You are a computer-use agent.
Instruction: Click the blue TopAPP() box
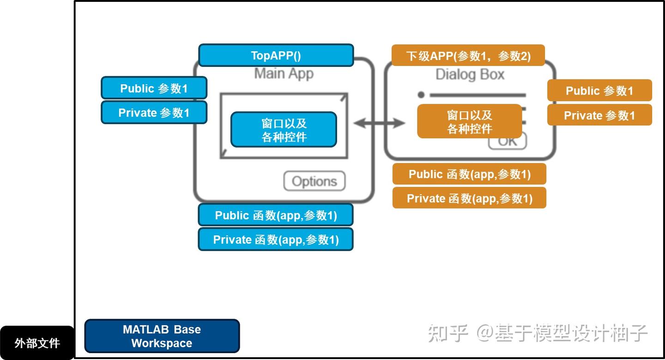pyautogui.click(x=276, y=55)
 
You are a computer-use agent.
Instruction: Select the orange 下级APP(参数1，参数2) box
pyautogui.click(x=468, y=56)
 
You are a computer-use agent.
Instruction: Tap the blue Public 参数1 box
pyautogui.click(x=154, y=88)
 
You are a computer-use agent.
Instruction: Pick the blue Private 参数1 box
pyautogui.click(x=154, y=113)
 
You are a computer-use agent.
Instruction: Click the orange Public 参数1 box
pyautogui.click(x=599, y=90)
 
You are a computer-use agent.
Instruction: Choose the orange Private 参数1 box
pyautogui.click(x=599, y=115)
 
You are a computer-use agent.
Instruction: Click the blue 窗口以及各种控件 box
pyautogui.click(x=284, y=130)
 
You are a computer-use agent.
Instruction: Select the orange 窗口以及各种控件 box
pyautogui.click(x=469, y=121)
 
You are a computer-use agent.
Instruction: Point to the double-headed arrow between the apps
pyautogui.click(x=379, y=123)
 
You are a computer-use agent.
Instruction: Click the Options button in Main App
pyautogui.click(x=314, y=181)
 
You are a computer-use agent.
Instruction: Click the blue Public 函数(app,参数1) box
pyautogui.click(x=276, y=215)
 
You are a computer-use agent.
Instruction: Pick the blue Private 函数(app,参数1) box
pyautogui.click(x=276, y=240)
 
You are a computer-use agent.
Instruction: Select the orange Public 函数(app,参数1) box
pyautogui.click(x=469, y=174)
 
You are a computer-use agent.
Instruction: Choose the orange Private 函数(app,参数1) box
pyautogui.click(x=469, y=198)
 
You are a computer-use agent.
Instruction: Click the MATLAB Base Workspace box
pyautogui.click(x=162, y=336)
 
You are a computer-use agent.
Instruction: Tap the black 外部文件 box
pyautogui.click(x=37, y=343)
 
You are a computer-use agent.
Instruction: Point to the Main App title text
pyautogui.click(x=284, y=74)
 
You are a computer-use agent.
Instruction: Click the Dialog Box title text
pyautogui.click(x=470, y=75)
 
